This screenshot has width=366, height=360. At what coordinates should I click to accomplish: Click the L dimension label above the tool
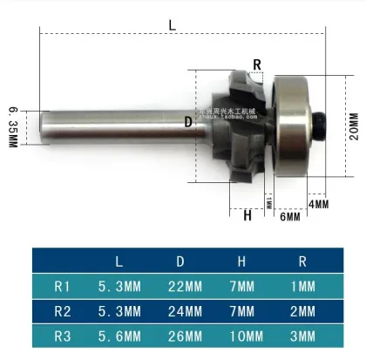point(172,26)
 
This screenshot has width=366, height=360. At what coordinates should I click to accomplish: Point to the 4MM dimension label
point(319,204)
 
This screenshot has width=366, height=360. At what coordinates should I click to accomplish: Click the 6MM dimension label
point(290,216)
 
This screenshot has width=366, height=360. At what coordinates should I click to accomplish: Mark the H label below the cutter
point(247,215)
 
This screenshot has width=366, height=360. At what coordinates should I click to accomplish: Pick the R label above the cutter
point(257,64)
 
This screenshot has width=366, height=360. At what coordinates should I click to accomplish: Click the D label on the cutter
point(187,122)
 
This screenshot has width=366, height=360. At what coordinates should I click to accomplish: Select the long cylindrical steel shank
point(114,127)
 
